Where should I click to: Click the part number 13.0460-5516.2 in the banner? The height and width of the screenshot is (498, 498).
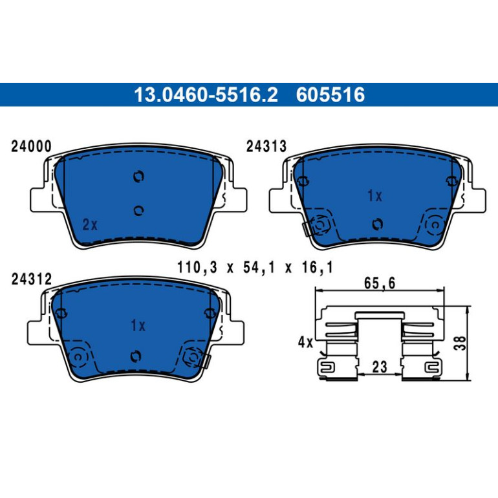pos(206,94)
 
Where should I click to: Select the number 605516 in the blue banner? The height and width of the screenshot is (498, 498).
pos(330,94)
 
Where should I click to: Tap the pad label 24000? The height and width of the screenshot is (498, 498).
pos(31,146)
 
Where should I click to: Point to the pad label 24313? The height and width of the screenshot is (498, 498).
pos(266,146)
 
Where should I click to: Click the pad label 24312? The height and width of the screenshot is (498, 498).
pos(32,279)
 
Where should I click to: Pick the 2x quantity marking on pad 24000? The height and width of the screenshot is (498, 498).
pos(90,225)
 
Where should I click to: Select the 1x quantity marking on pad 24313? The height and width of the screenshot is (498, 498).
pos(374,195)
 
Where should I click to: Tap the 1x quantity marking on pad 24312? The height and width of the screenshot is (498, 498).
pos(138,325)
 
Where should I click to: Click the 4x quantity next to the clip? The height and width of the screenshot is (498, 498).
pos(305,342)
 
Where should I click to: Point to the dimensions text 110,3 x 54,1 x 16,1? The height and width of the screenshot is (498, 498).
pos(255,267)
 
